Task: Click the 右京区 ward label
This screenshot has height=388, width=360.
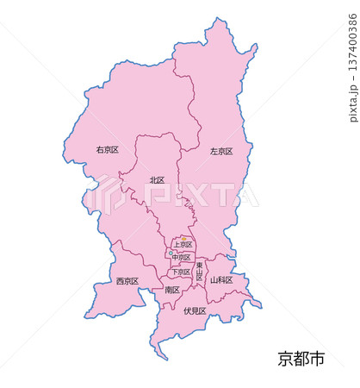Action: [x=108, y=149]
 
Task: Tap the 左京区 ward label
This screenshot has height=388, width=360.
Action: [x=221, y=151]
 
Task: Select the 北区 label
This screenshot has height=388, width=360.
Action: [x=157, y=180]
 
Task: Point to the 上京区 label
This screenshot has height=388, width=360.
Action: [x=182, y=245]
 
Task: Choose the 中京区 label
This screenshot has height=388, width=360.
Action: [x=181, y=258]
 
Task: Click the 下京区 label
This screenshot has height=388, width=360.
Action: [x=180, y=272]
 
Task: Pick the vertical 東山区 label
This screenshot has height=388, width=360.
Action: [x=199, y=272]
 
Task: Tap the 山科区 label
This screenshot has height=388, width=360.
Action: [x=221, y=280]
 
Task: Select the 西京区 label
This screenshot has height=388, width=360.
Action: [x=127, y=281]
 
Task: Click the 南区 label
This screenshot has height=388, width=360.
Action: [x=171, y=290]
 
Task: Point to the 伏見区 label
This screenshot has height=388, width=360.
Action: [x=196, y=310]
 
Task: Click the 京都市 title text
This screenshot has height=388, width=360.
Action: [x=301, y=359]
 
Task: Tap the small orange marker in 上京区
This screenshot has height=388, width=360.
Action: [x=183, y=239]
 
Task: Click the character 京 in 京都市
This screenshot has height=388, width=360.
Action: [x=286, y=359]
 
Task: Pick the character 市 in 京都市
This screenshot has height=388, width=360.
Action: [x=317, y=359]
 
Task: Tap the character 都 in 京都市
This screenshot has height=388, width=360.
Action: [x=301, y=359]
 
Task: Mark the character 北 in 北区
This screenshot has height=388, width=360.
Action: [x=153, y=180]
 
